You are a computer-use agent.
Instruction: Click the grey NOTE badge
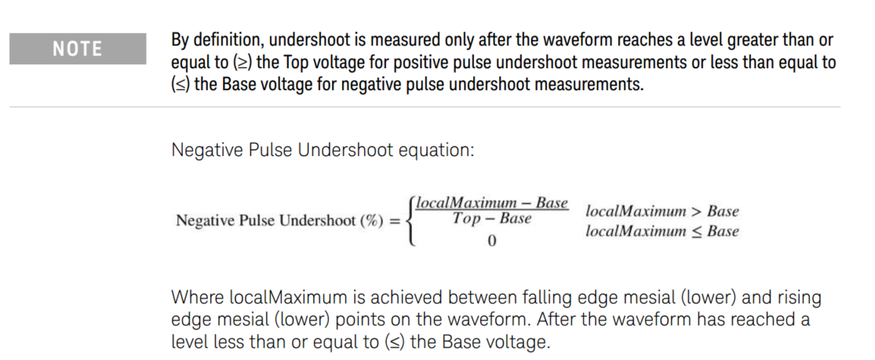pos(78,49)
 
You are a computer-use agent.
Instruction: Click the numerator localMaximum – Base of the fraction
pos(492,203)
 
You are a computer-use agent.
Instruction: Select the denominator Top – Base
pos(492,219)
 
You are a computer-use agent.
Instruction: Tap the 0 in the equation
pos(492,241)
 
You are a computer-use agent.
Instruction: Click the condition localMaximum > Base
pos(662,212)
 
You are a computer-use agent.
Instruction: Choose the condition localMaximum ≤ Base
pos(662,231)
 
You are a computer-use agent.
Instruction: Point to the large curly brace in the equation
pos(408,221)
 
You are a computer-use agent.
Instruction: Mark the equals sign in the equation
pos(396,221)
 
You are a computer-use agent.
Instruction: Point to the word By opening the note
pos(180,40)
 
